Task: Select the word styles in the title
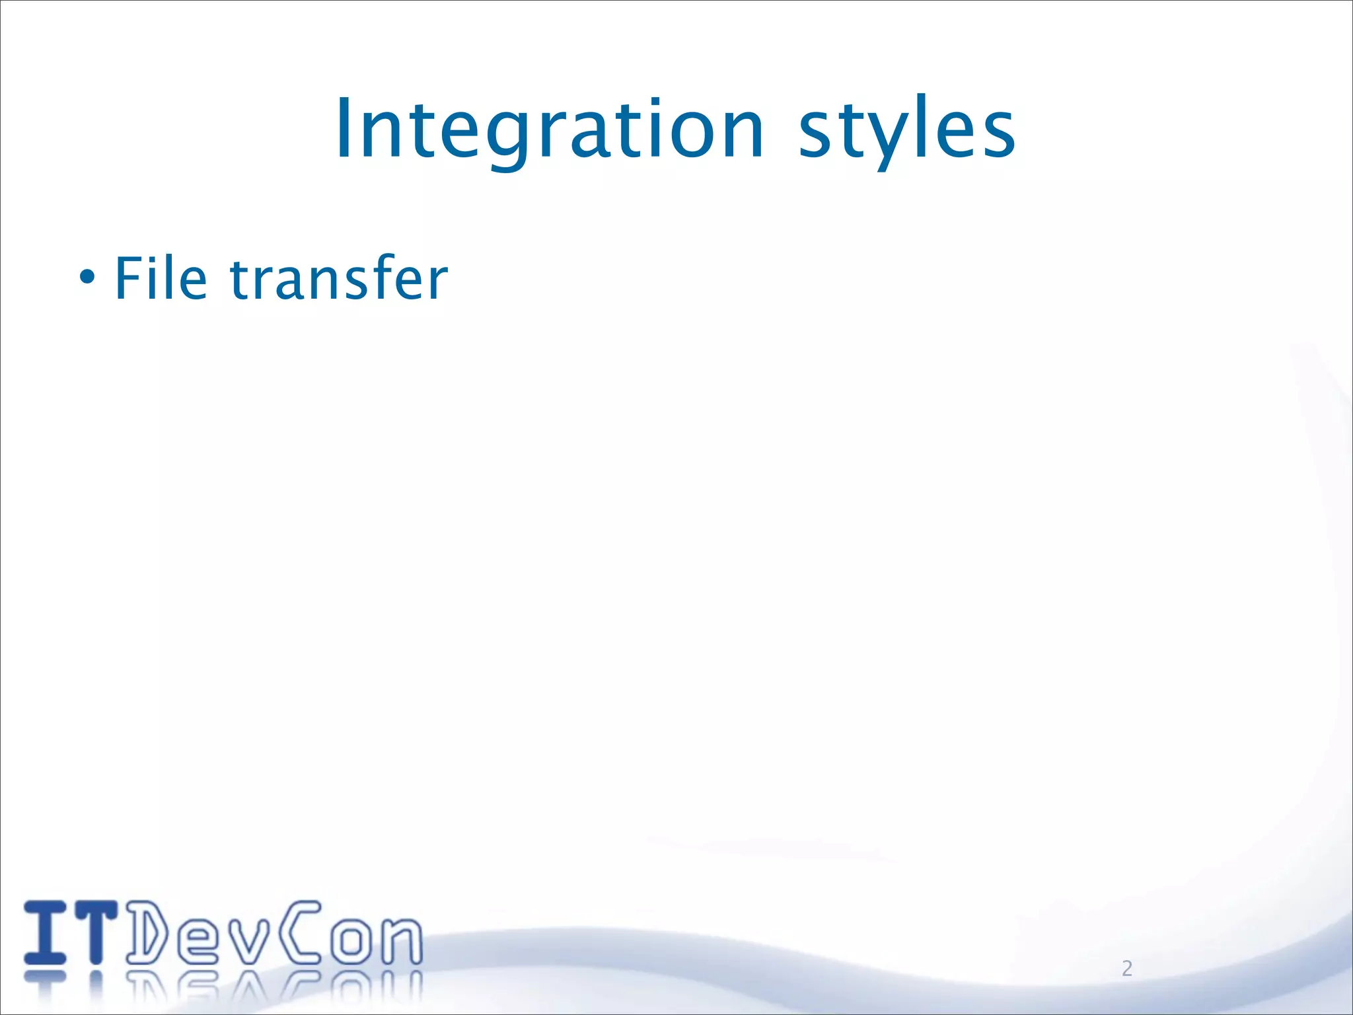[906, 129]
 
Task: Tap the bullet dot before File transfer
[87, 278]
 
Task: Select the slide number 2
[1127, 968]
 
